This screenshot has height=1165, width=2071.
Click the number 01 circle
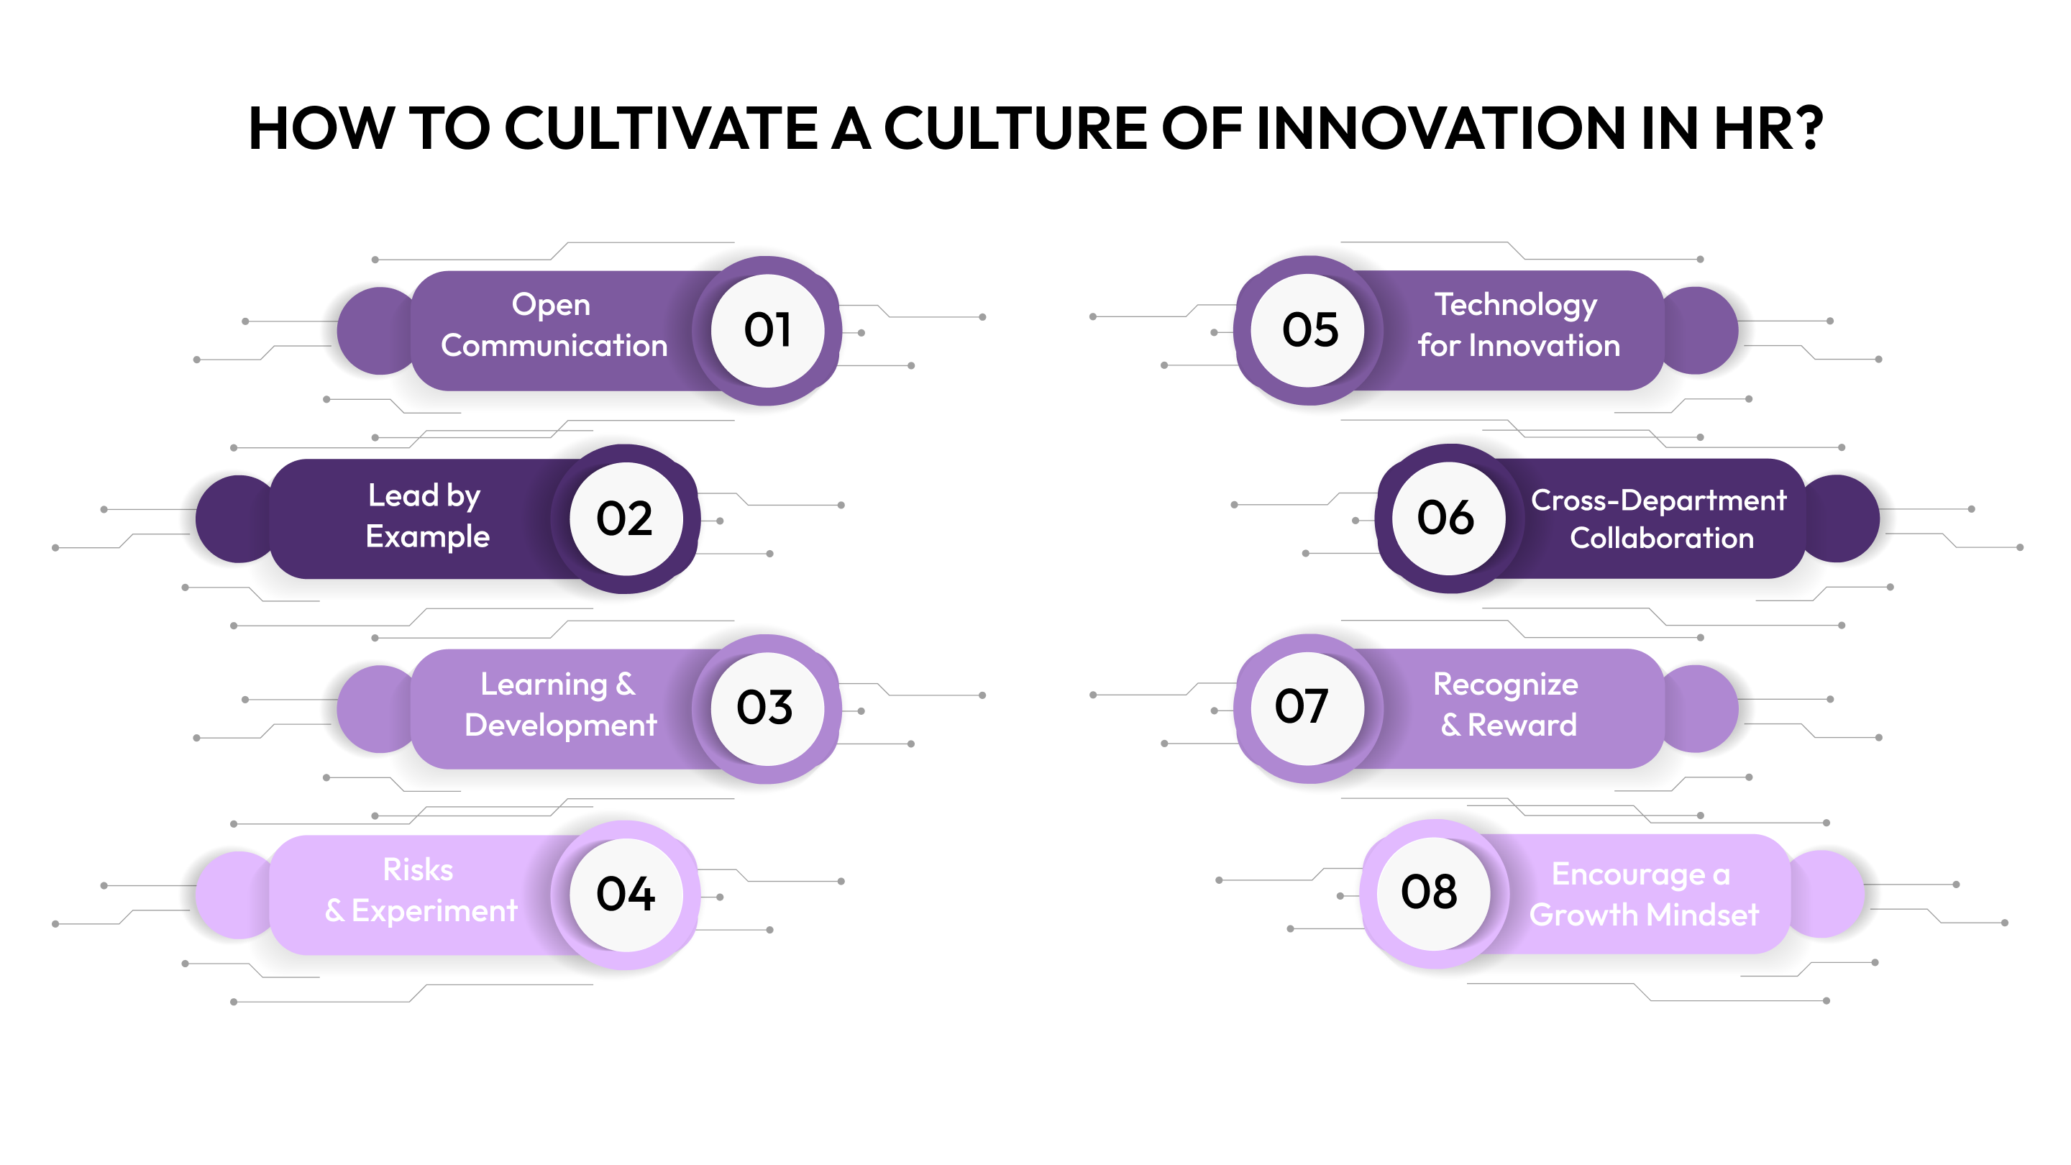pos(767,331)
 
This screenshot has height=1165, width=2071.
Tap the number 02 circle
pos(626,518)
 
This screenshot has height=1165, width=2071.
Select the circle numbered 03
pos(767,708)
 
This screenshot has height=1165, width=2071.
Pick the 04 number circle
pos(626,895)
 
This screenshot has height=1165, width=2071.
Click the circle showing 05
pos(1309,331)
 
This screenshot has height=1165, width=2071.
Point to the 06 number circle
pos(1448,518)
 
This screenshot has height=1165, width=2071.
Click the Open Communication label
pos(554,326)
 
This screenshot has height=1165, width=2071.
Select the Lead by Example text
pos(427,516)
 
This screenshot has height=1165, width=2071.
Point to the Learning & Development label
pos(559,705)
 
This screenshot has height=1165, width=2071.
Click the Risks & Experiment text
pos(421,891)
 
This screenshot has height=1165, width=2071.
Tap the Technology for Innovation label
pos(1518,326)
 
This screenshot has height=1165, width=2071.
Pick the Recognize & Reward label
pos(1507,705)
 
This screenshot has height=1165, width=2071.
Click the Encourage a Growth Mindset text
pos(1643,895)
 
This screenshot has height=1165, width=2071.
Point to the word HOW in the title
pos(320,128)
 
